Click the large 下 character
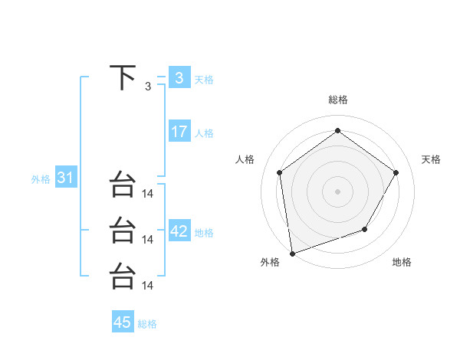click(x=123, y=78)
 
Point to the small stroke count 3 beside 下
click(x=148, y=86)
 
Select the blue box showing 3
click(x=179, y=78)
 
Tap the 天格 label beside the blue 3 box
click(x=204, y=79)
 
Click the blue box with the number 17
click(x=179, y=132)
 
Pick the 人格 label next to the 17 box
click(x=204, y=133)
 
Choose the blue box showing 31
click(x=65, y=178)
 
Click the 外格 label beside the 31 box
click(x=41, y=179)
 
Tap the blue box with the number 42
click(x=179, y=231)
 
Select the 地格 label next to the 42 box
click(x=204, y=233)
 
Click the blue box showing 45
click(x=123, y=322)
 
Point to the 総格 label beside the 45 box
click(x=147, y=324)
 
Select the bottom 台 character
click(x=123, y=277)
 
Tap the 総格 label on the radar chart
click(x=337, y=100)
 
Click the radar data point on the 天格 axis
click(x=396, y=172)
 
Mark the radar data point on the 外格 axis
click(x=292, y=253)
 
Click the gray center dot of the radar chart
click(x=337, y=191)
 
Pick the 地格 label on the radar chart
click(x=402, y=263)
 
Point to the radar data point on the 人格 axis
click(x=279, y=172)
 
